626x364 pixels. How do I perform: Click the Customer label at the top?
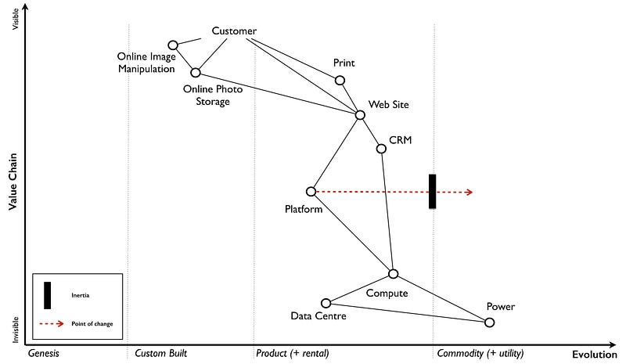(x=234, y=31)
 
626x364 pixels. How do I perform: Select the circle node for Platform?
(x=311, y=191)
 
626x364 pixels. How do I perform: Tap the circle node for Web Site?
(x=360, y=115)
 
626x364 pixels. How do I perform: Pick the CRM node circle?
(x=381, y=148)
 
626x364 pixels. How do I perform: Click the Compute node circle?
(x=394, y=273)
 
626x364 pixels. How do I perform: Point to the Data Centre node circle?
(x=326, y=303)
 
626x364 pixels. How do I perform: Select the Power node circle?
(x=490, y=323)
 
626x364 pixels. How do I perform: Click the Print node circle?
(x=340, y=80)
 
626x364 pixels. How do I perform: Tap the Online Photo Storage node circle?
(x=196, y=72)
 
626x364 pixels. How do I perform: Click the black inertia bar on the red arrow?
(x=433, y=191)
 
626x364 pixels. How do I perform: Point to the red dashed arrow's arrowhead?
(x=469, y=191)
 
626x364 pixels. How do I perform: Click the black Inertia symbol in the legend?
(x=48, y=295)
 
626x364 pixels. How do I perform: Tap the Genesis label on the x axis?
(x=44, y=354)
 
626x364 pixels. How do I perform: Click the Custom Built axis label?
(x=160, y=354)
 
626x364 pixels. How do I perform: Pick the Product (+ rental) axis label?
(x=293, y=354)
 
